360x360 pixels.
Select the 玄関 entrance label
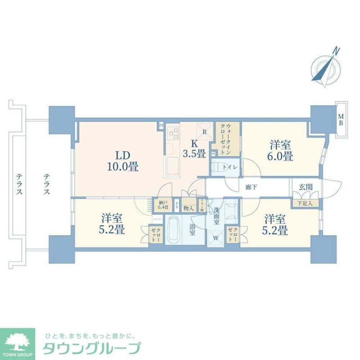305,187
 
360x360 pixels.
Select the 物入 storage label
188,208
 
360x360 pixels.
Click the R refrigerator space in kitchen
204,131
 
